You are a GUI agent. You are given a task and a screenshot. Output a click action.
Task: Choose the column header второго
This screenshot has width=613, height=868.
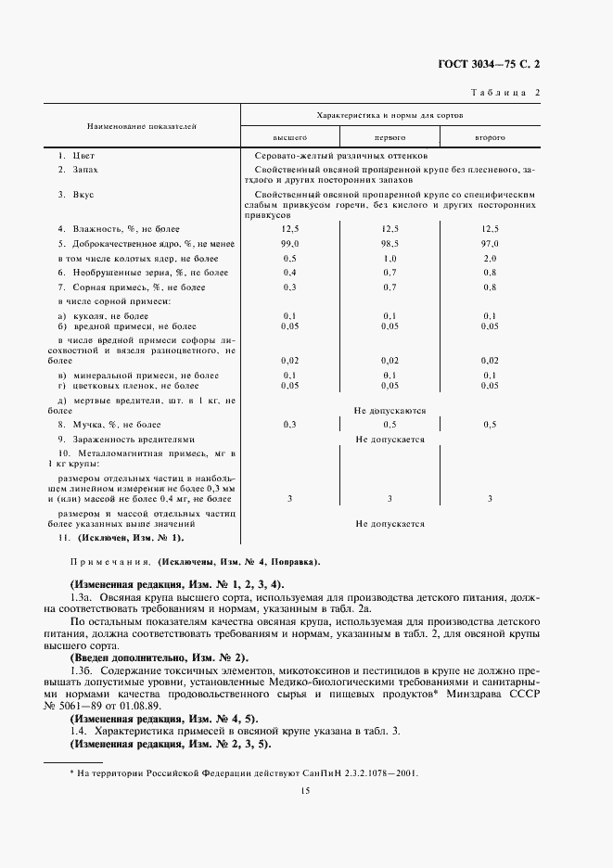490,136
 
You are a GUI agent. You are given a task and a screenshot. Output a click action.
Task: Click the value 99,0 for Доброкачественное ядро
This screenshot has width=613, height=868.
289,242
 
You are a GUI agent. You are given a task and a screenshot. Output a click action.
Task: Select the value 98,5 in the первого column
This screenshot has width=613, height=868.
390,242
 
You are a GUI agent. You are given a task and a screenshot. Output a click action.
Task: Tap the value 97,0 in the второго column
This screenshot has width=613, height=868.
490,242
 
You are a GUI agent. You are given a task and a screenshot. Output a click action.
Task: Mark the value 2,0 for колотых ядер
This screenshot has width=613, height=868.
490,257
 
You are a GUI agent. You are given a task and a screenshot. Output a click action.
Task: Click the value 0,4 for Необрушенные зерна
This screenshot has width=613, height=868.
289,272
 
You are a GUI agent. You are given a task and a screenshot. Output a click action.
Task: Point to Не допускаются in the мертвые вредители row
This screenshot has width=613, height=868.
390,409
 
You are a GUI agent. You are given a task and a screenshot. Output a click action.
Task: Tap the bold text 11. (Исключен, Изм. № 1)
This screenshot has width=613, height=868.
121,538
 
